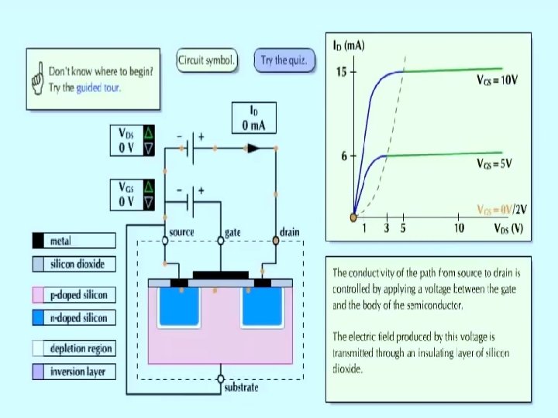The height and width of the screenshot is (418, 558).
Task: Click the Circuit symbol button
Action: tap(206, 60)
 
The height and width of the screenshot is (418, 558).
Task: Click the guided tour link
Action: tap(98, 87)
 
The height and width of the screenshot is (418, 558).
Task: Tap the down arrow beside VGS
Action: tap(150, 201)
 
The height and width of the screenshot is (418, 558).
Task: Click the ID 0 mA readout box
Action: tap(253, 118)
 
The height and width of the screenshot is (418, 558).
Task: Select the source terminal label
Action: tap(181, 231)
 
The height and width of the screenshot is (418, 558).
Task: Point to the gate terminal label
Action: tap(232, 231)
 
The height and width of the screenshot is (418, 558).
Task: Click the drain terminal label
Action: tap(288, 231)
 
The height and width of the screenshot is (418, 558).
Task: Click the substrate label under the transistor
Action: tap(240, 387)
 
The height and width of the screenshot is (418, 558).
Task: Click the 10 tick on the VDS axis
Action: tap(460, 228)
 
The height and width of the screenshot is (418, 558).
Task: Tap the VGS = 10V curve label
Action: tap(497, 80)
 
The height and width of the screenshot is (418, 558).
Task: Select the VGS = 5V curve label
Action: tap(494, 164)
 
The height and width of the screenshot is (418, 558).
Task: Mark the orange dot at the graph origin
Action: tap(353, 217)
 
